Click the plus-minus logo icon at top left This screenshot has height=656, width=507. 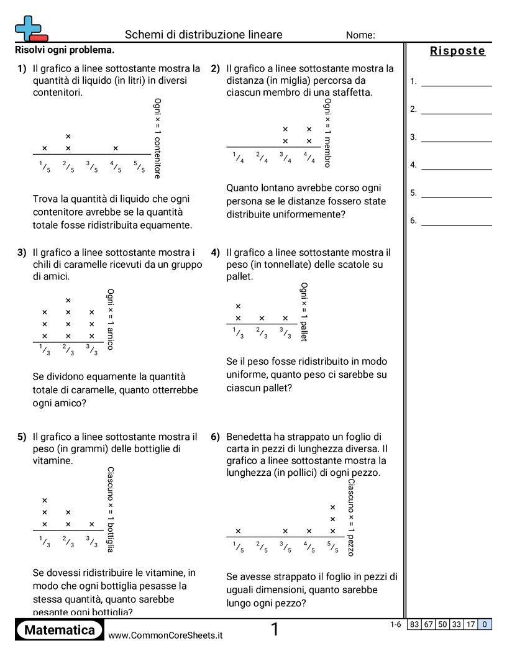tap(30, 28)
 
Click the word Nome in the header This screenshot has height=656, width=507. tap(360, 35)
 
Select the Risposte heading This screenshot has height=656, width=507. tap(457, 51)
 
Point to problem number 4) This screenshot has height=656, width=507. tap(216, 253)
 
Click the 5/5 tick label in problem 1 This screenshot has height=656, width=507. tap(139, 166)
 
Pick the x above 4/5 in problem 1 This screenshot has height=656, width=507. tap(116, 148)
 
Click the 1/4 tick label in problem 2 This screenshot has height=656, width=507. tap(238, 158)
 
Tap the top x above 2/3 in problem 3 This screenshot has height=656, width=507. tap(68, 301)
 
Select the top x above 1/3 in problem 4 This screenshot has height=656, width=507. tap(238, 306)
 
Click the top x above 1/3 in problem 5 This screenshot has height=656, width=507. tap(45, 500)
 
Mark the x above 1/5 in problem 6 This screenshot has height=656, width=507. tap(238, 531)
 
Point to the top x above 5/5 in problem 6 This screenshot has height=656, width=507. tap(332, 507)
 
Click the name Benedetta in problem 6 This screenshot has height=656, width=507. tap(250, 436)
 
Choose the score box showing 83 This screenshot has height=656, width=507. tap(414, 625)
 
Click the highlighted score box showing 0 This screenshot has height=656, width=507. tap(485, 625)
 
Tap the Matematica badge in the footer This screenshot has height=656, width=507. tap(60, 631)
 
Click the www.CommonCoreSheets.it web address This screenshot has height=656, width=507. tap(165, 635)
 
